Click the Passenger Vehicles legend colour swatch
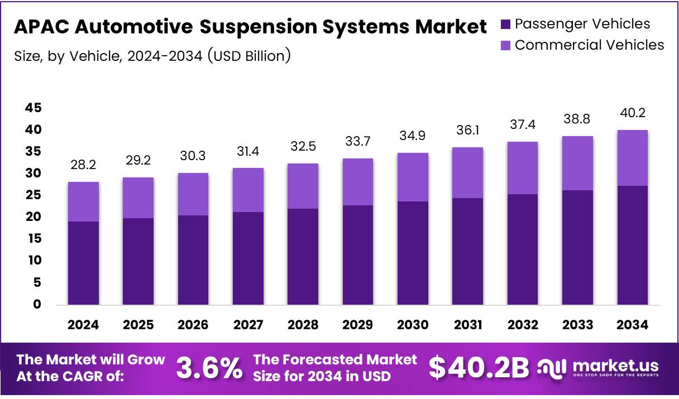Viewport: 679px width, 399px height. (506, 24)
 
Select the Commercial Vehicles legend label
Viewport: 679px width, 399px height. (589, 45)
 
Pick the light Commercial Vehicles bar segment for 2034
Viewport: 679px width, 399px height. (633, 158)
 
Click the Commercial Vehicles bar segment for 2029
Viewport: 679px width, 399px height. (358, 182)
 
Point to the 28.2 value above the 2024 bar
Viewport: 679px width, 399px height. (84, 165)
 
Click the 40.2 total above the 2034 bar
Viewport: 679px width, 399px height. (633, 113)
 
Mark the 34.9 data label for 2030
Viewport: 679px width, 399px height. (413, 136)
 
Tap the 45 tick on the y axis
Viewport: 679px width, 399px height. (33, 108)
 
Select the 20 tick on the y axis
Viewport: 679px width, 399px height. (33, 217)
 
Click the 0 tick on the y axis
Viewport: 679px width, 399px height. (37, 305)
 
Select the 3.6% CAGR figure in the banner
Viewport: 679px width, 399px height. (209, 368)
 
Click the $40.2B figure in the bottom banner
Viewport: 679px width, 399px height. (479, 368)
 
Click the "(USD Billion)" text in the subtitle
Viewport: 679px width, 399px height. (248, 56)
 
